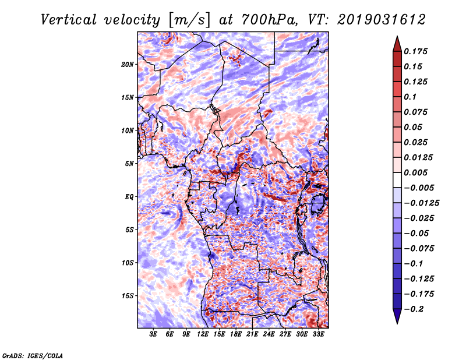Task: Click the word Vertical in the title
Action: pyautogui.click(x=69, y=20)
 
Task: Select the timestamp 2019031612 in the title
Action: pyautogui.click(x=382, y=20)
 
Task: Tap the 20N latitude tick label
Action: pyautogui.click(x=128, y=64)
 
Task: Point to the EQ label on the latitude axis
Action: pyautogui.click(x=129, y=197)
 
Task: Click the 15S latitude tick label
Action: pyautogui.click(x=128, y=296)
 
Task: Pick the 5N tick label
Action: pyautogui.click(x=129, y=164)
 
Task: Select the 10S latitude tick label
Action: pyautogui.click(x=128, y=263)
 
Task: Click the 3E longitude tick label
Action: pyautogui.click(x=153, y=334)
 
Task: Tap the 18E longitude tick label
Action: pyautogui.click(x=236, y=334)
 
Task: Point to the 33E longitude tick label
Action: pyautogui.click(x=318, y=334)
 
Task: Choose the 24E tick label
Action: pyautogui.click(x=269, y=334)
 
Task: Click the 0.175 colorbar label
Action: pyautogui.click(x=415, y=51)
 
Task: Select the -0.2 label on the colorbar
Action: pyautogui.click(x=414, y=309)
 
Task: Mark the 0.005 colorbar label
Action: pyautogui.click(x=415, y=172)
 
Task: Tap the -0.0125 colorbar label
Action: pyautogui.click(x=421, y=203)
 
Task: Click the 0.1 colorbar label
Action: pyautogui.click(x=410, y=97)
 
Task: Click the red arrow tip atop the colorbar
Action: pyautogui.click(x=397, y=37)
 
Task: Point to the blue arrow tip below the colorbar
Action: pyautogui.click(x=397, y=323)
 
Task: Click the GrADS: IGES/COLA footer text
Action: pyautogui.click(x=33, y=356)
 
